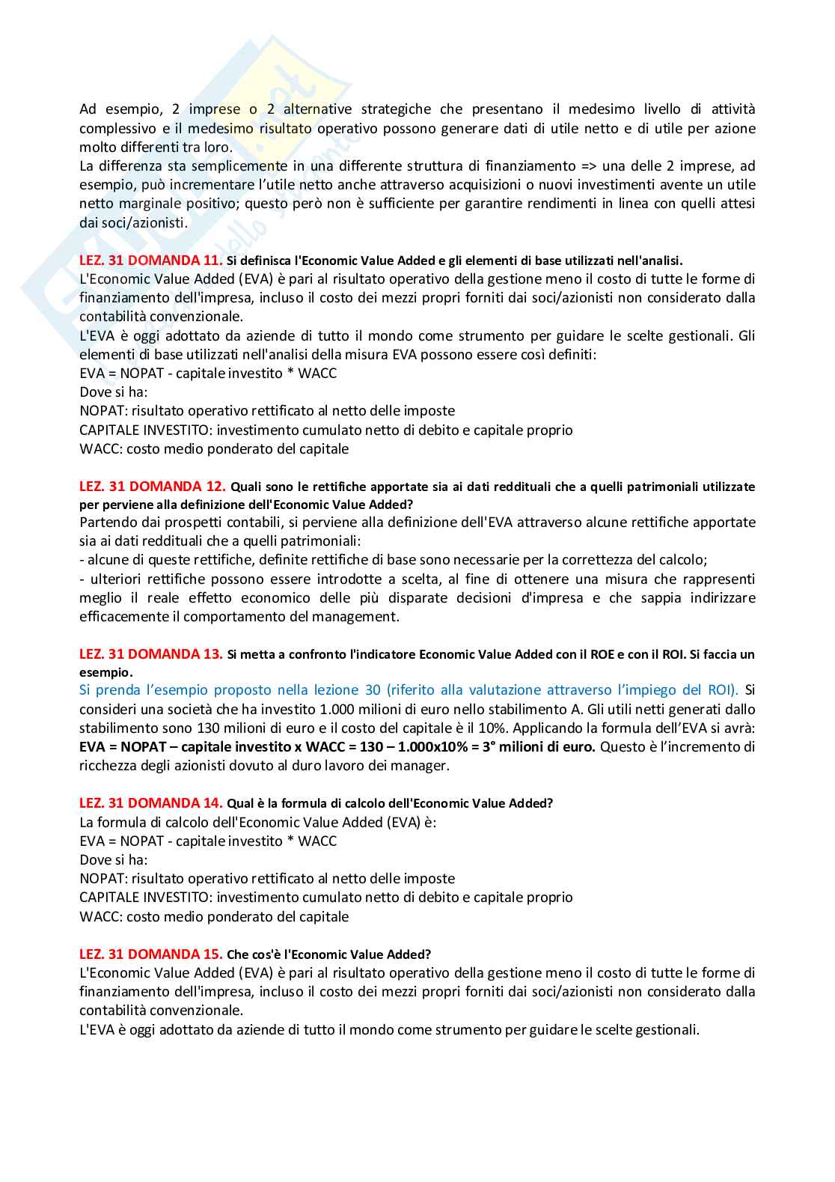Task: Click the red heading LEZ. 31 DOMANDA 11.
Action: click(150, 261)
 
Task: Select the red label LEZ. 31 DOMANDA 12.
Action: click(150, 486)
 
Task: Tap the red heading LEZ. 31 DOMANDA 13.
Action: click(150, 654)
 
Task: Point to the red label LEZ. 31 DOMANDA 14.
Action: click(150, 803)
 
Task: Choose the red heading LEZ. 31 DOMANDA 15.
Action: click(150, 954)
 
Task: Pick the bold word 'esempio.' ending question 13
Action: click(105, 672)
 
